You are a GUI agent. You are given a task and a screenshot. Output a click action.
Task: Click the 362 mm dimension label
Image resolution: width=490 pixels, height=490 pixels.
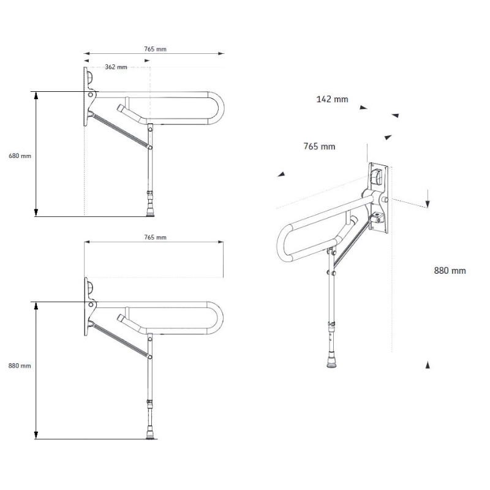point(116,67)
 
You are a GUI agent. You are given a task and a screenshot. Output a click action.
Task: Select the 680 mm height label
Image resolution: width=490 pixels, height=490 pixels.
point(20,156)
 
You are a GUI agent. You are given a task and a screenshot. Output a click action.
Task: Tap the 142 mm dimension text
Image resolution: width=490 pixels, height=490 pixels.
point(332,99)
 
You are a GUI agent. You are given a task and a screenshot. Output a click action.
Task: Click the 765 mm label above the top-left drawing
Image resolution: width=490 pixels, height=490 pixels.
point(155,49)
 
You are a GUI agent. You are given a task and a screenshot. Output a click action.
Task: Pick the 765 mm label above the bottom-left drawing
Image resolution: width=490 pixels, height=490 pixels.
point(155,237)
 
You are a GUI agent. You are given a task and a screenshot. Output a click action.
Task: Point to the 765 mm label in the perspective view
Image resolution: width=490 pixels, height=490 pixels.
point(319,146)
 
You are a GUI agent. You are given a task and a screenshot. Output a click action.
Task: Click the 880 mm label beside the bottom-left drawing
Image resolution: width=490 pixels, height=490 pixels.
point(20,366)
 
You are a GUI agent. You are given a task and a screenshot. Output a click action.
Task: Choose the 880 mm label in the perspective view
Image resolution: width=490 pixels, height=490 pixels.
point(450,271)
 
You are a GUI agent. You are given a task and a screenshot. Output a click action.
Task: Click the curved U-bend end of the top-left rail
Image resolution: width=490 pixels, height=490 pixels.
point(221,108)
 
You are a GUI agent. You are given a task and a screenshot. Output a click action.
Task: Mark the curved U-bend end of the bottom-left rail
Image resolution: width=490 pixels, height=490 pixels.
point(221,318)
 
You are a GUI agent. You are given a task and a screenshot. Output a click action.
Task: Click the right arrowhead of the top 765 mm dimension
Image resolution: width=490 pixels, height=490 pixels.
point(221,53)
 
